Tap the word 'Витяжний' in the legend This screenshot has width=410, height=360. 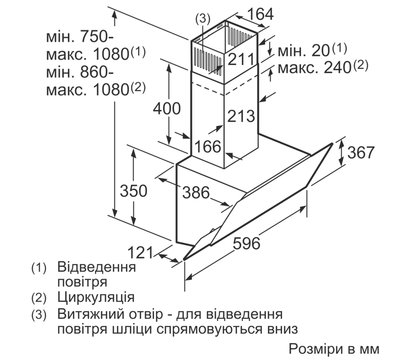(x=92, y=314)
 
